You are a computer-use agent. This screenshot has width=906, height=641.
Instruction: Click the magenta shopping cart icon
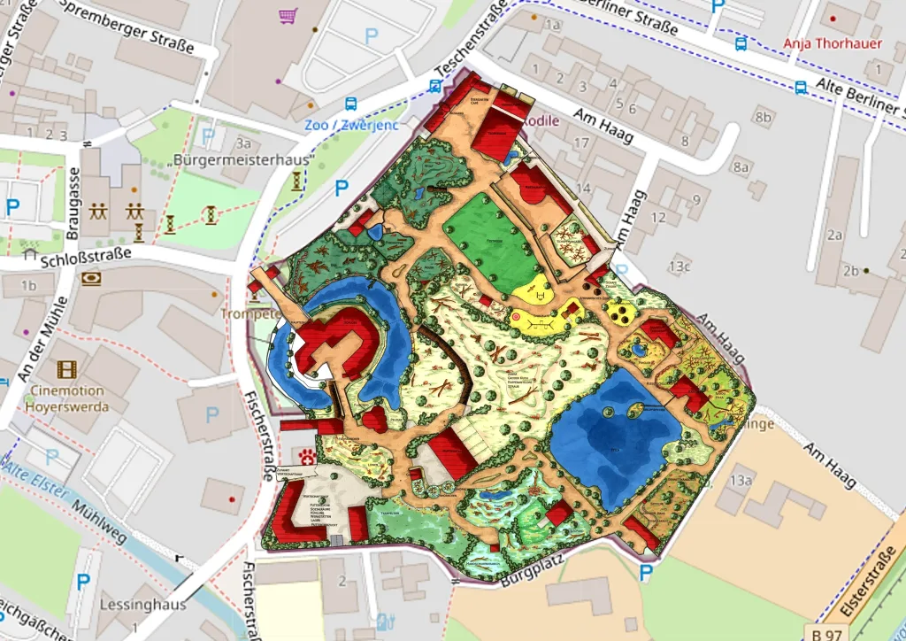(288, 16)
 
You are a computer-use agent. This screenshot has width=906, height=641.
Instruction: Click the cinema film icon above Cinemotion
(67, 368)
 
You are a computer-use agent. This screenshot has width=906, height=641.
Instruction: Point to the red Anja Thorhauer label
(833, 42)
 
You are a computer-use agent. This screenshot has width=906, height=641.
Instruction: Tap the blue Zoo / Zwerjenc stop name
(352, 125)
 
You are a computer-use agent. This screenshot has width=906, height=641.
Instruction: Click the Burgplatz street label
(534, 570)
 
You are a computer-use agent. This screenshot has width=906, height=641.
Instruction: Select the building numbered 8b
(764, 117)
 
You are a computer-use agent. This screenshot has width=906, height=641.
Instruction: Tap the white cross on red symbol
(307, 457)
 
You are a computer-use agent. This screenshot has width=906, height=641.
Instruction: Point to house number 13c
(679, 265)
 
